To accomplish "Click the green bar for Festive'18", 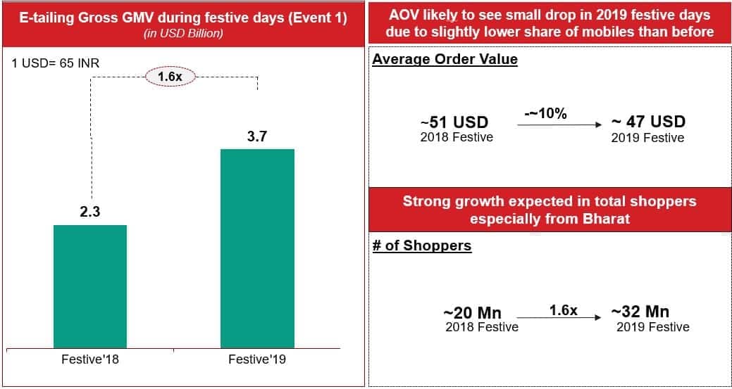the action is click(90, 286).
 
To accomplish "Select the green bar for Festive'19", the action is click(257, 248).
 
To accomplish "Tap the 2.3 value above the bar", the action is click(90, 212).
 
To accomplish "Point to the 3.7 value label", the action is click(257, 137).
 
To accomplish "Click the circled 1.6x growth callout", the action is click(170, 77).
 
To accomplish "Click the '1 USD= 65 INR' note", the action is click(55, 63).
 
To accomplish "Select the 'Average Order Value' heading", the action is click(445, 60).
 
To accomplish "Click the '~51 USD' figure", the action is click(454, 122).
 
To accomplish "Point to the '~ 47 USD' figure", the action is click(648, 122).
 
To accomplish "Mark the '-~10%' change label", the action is click(545, 114).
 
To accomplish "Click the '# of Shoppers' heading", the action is click(422, 246).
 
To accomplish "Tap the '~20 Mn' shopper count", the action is click(473, 313).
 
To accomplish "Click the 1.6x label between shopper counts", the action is click(564, 310).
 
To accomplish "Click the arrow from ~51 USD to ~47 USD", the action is click(559, 125).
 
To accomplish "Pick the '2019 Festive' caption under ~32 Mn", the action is click(652, 326).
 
